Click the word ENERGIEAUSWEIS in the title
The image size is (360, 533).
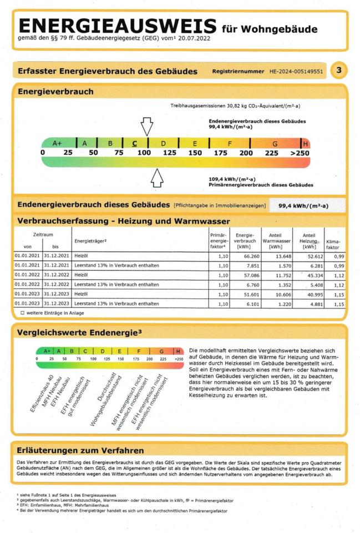tap(118, 26)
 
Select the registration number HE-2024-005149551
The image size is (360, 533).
tap(296, 72)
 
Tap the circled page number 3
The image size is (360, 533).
tap(338, 71)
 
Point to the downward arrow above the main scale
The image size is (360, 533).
tap(146, 126)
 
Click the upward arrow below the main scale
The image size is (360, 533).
tap(158, 178)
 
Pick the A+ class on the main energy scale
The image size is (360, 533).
tap(57, 143)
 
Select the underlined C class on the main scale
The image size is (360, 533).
tap(135, 143)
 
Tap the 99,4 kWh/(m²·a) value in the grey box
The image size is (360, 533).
tap(303, 206)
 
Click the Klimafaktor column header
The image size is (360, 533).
tap(333, 244)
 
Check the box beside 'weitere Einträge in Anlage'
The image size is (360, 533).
tap(22, 313)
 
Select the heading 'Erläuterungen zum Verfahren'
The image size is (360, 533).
tap(80, 450)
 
